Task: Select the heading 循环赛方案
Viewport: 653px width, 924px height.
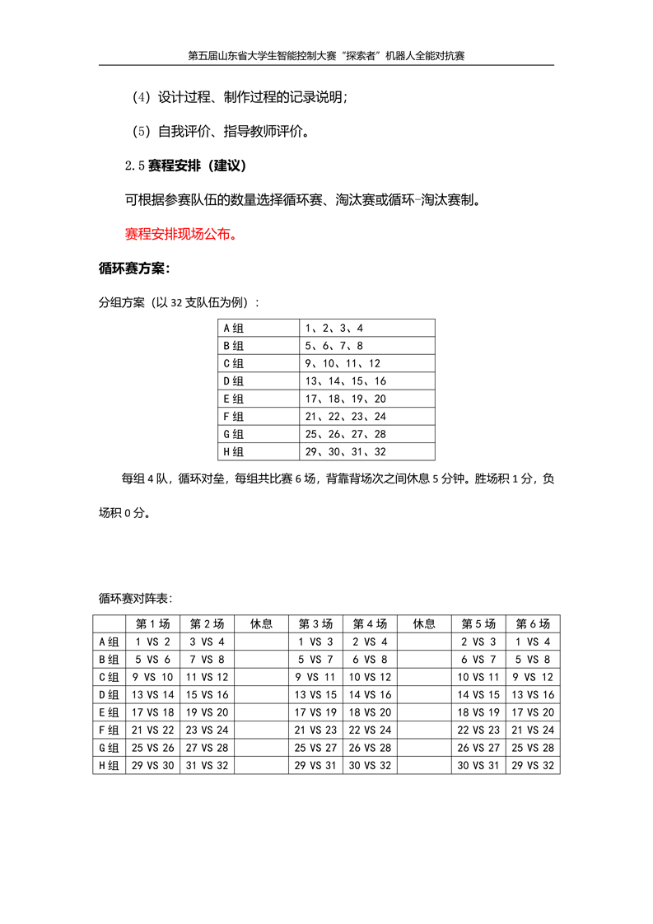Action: pyautogui.click(x=134, y=268)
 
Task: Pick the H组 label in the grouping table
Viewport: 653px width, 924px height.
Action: pyautogui.click(x=234, y=452)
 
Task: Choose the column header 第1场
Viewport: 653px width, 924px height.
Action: pyautogui.click(x=152, y=624)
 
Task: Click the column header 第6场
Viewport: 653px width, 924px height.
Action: pyautogui.click(x=533, y=624)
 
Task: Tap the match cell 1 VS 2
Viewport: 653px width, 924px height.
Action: pyautogui.click(x=152, y=642)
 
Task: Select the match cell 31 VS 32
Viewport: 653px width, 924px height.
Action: pyautogui.click(x=207, y=766)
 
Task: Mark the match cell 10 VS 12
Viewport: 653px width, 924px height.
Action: pyautogui.click(x=370, y=677)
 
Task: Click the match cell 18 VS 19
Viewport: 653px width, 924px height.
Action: pyautogui.click(x=478, y=712)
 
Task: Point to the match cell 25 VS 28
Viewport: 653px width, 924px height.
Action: pyautogui.click(x=533, y=748)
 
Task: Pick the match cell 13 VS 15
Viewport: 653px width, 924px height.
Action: pyautogui.click(x=315, y=695)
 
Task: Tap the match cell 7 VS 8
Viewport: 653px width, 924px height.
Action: pyautogui.click(x=207, y=660)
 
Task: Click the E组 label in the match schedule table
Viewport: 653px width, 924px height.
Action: pyautogui.click(x=108, y=712)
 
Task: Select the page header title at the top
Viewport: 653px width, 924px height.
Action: pyautogui.click(x=327, y=56)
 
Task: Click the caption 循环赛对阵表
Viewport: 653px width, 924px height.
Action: pyautogui.click(x=135, y=598)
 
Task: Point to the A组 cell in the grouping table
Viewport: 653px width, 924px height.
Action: pyautogui.click(x=234, y=328)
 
